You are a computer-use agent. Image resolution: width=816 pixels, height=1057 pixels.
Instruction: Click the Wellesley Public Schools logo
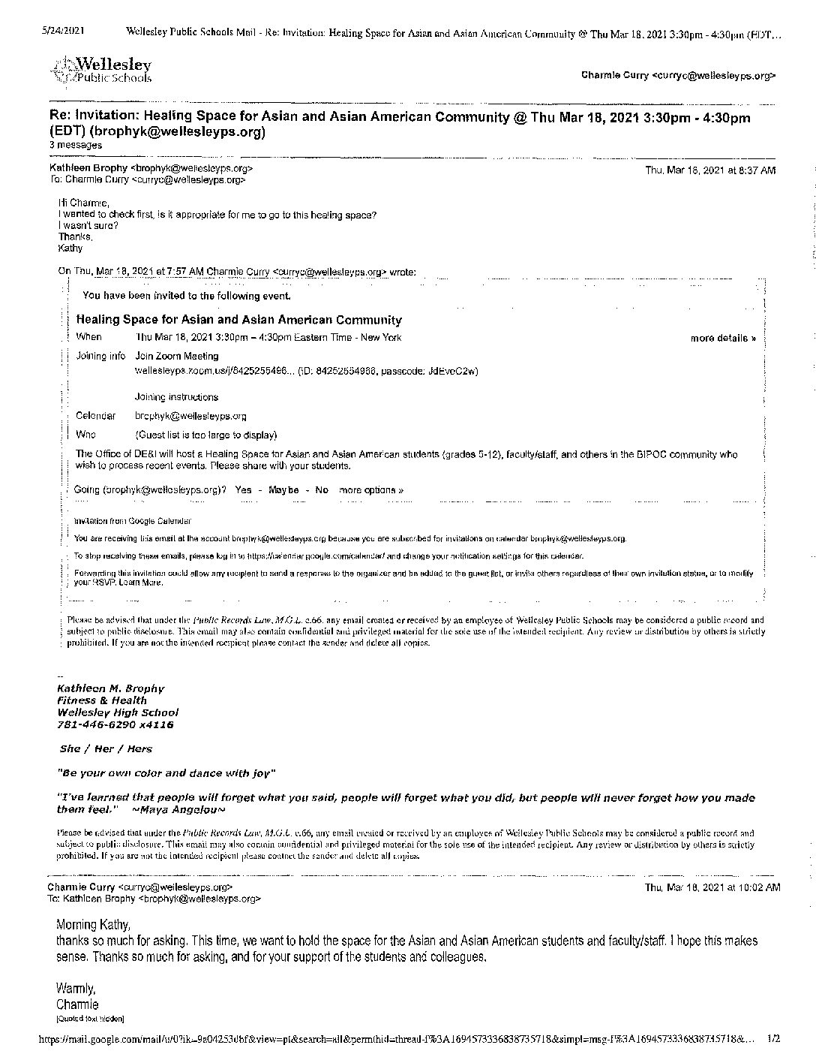coord(101,70)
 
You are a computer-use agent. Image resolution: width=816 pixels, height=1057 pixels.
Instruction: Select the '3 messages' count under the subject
coord(76,145)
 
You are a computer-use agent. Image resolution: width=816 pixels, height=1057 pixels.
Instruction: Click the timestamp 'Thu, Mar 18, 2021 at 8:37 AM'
coord(710,170)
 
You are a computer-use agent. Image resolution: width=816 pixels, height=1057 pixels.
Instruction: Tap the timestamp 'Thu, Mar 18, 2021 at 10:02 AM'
coord(712,887)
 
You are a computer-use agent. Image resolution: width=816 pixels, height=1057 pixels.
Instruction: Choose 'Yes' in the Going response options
coord(243,490)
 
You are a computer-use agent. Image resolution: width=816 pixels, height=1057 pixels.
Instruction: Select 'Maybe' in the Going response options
coord(283,490)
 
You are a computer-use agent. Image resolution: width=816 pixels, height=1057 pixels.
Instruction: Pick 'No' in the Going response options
coord(322,490)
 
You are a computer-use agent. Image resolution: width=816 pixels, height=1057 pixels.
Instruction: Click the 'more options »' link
coord(371,490)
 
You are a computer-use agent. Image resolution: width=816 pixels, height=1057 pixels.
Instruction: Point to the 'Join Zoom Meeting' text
coord(177,357)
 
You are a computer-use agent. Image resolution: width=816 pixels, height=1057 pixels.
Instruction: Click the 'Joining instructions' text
coord(176,397)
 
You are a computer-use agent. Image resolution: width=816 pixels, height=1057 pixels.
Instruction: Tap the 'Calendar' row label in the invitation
coord(95,416)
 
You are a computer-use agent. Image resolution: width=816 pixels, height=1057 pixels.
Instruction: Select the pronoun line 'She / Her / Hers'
coord(106,748)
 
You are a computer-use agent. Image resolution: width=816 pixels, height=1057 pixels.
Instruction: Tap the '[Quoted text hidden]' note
coord(90,1019)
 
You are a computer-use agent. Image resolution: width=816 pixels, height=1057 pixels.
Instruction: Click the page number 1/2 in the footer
coord(774,1039)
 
